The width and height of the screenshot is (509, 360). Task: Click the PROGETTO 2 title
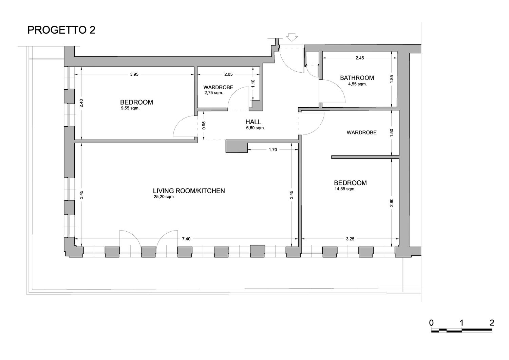(x=61, y=30)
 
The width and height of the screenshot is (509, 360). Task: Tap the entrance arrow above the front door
(x=292, y=37)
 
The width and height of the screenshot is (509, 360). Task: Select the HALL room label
(x=253, y=122)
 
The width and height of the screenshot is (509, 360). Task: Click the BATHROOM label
(x=357, y=78)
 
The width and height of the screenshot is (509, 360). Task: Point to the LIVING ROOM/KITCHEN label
(x=189, y=191)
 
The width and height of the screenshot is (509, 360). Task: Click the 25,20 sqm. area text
(x=164, y=197)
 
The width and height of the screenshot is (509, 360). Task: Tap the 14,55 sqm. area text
(x=345, y=189)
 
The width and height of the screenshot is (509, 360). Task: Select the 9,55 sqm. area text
(x=130, y=108)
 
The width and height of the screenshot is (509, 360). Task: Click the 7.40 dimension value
(x=186, y=239)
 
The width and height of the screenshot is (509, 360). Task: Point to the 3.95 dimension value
(x=134, y=74)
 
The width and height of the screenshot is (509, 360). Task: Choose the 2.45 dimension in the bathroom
(x=360, y=58)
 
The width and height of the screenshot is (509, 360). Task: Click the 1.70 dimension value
(x=273, y=150)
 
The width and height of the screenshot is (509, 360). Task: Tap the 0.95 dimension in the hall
(x=204, y=126)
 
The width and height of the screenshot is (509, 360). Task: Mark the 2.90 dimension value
(x=391, y=203)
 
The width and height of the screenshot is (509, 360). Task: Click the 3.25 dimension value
(x=350, y=239)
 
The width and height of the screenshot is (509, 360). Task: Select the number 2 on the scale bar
(x=492, y=323)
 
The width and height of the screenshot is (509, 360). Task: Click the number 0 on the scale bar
(x=431, y=323)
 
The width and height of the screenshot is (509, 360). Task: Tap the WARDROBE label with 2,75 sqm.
(x=218, y=87)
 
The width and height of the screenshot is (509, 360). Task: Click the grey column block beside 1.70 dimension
(x=237, y=146)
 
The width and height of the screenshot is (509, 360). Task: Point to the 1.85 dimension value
(x=391, y=79)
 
